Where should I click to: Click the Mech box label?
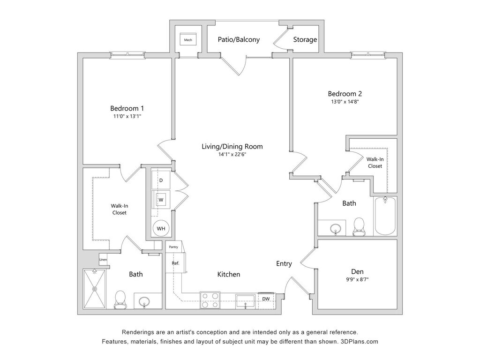pyautogui.click(x=188, y=40)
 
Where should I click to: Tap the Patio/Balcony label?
pyautogui.click(x=239, y=40)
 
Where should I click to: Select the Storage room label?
pyautogui.click(x=305, y=40)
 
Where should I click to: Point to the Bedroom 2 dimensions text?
pyautogui.click(x=345, y=101)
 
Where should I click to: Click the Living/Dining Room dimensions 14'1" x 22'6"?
pyautogui.click(x=232, y=154)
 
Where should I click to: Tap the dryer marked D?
pyautogui.click(x=161, y=180)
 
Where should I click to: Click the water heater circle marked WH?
pyautogui.click(x=161, y=228)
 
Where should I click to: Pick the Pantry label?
pyautogui.click(x=173, y=246)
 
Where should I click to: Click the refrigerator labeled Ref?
pyautogui.click(x=176, y=263)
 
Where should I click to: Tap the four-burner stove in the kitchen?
pyautogui.click(x=210, y=300)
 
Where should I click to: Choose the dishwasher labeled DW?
pyautogui.click(x=266, y=299)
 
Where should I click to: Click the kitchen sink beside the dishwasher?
pyautogui.click(x=245, y=300)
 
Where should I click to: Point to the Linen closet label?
pyautogui.click(x=103, y=259)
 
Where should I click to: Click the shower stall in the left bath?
pyautogui.click(x=95, y=289)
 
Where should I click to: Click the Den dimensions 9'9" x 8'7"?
pyautogui.click(x=358, y=280)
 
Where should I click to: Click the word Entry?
pyautogui.click(x=284, y=264)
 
